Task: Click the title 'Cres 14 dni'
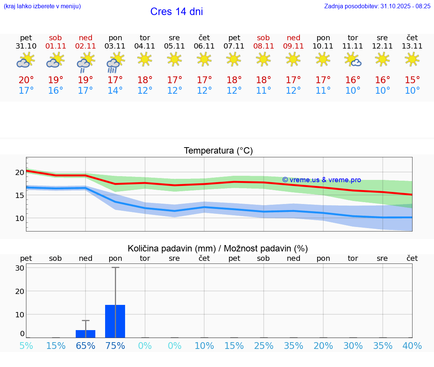[176, 12]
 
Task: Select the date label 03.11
[115, 46]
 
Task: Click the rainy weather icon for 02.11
[86, 62]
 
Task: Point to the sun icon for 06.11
[204, 59]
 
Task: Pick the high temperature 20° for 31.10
[26, 80]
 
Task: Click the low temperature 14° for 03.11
[115, 91]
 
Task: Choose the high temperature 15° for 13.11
[412, 80]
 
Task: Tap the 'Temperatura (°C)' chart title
[218, 151]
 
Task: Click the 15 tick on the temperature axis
[20, 195]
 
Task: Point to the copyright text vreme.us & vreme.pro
[321, 180]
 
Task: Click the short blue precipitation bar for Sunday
[86, 334]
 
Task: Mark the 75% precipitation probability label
[115, 346]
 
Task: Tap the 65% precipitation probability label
[86, 346]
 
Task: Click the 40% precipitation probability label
[412, 346]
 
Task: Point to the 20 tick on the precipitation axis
[20, 291]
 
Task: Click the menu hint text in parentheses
[42, 6]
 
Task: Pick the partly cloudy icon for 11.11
[353, 59]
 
